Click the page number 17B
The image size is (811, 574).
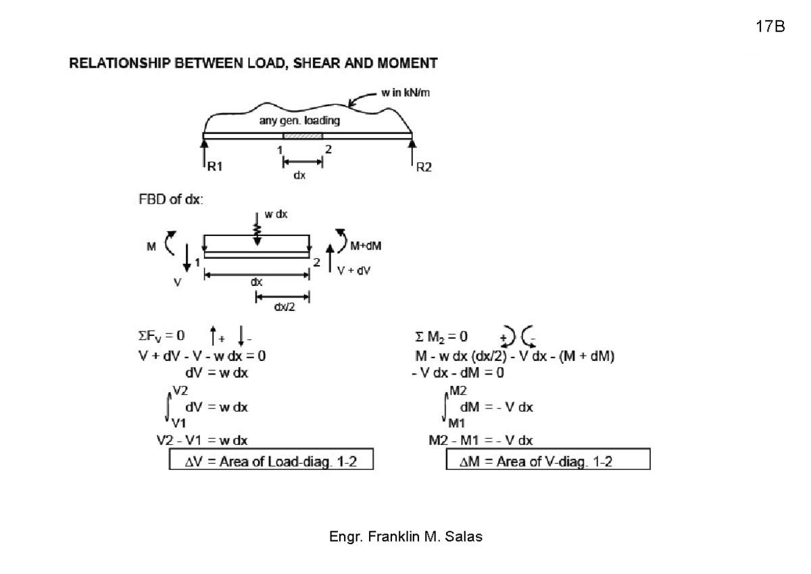770,26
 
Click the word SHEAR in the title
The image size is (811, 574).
316,64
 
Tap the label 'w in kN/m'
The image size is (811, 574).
405,93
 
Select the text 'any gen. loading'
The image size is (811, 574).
299,120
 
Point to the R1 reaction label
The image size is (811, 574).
215,166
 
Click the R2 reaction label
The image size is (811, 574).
424,167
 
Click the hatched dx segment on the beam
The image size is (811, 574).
303,136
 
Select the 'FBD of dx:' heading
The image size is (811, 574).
170,199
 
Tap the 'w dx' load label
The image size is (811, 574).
276,214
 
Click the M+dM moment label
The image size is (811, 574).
366,246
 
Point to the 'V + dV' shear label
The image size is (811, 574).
353,270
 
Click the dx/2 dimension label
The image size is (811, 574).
285,307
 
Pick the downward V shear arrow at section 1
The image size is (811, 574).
187,258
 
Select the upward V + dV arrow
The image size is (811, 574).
330,258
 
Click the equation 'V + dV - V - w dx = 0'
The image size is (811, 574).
202,356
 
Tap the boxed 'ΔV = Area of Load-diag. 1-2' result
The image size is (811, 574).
271,459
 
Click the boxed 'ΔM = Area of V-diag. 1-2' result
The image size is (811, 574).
548,459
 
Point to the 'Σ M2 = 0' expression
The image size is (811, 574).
441,337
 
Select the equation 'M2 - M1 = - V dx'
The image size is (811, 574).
481,440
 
